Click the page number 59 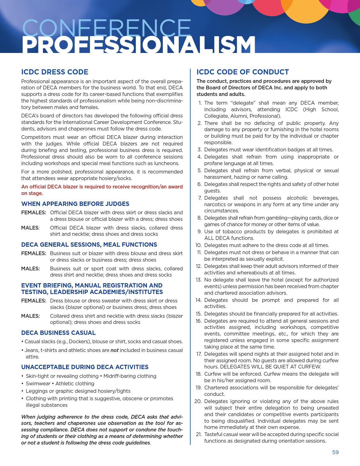(x=335, y=452)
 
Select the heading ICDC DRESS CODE (x=54, y=72)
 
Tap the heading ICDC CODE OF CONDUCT (x=243, y=72)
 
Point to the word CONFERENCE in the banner (x=107, y=28)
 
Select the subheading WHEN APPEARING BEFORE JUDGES (x=75, y=204)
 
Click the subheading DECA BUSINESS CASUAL (x=58, y=333)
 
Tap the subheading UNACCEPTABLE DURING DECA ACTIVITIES (x=85, y=367)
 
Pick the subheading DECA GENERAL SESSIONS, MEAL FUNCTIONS (x=89, y=245)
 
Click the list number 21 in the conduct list (x=199, y=435)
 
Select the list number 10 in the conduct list (x=199, y=245)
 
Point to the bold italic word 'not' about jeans (x=114, y=350)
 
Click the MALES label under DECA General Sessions (x=30, y=269)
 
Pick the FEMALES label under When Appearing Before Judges (x=33, y=212)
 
